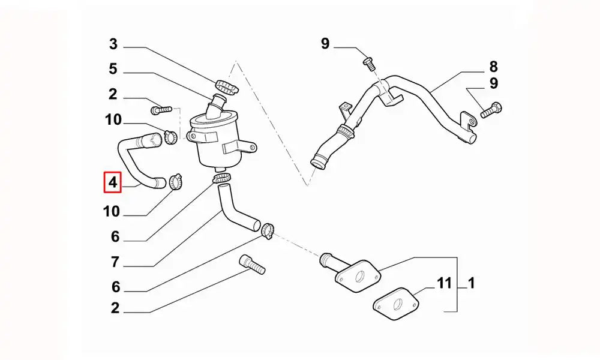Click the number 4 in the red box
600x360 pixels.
point(113,182)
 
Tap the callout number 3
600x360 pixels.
point(113,44)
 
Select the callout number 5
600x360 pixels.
point(113,69)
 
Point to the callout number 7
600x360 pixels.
point(115,262)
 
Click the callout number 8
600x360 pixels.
point(494,67)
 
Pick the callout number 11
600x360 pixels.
point(444,283)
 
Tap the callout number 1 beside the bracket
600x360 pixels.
point(472,283)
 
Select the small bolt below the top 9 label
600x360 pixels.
point(369,64)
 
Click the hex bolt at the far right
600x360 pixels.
point(491,110)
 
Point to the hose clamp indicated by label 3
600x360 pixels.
point(227,87)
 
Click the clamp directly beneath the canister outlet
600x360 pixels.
point(222,178)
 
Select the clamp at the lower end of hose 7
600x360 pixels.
point(268,230)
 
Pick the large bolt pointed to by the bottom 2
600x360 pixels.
point(252,265)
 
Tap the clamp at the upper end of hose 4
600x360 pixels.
point(170,137)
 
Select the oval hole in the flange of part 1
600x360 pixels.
point(359,277)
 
